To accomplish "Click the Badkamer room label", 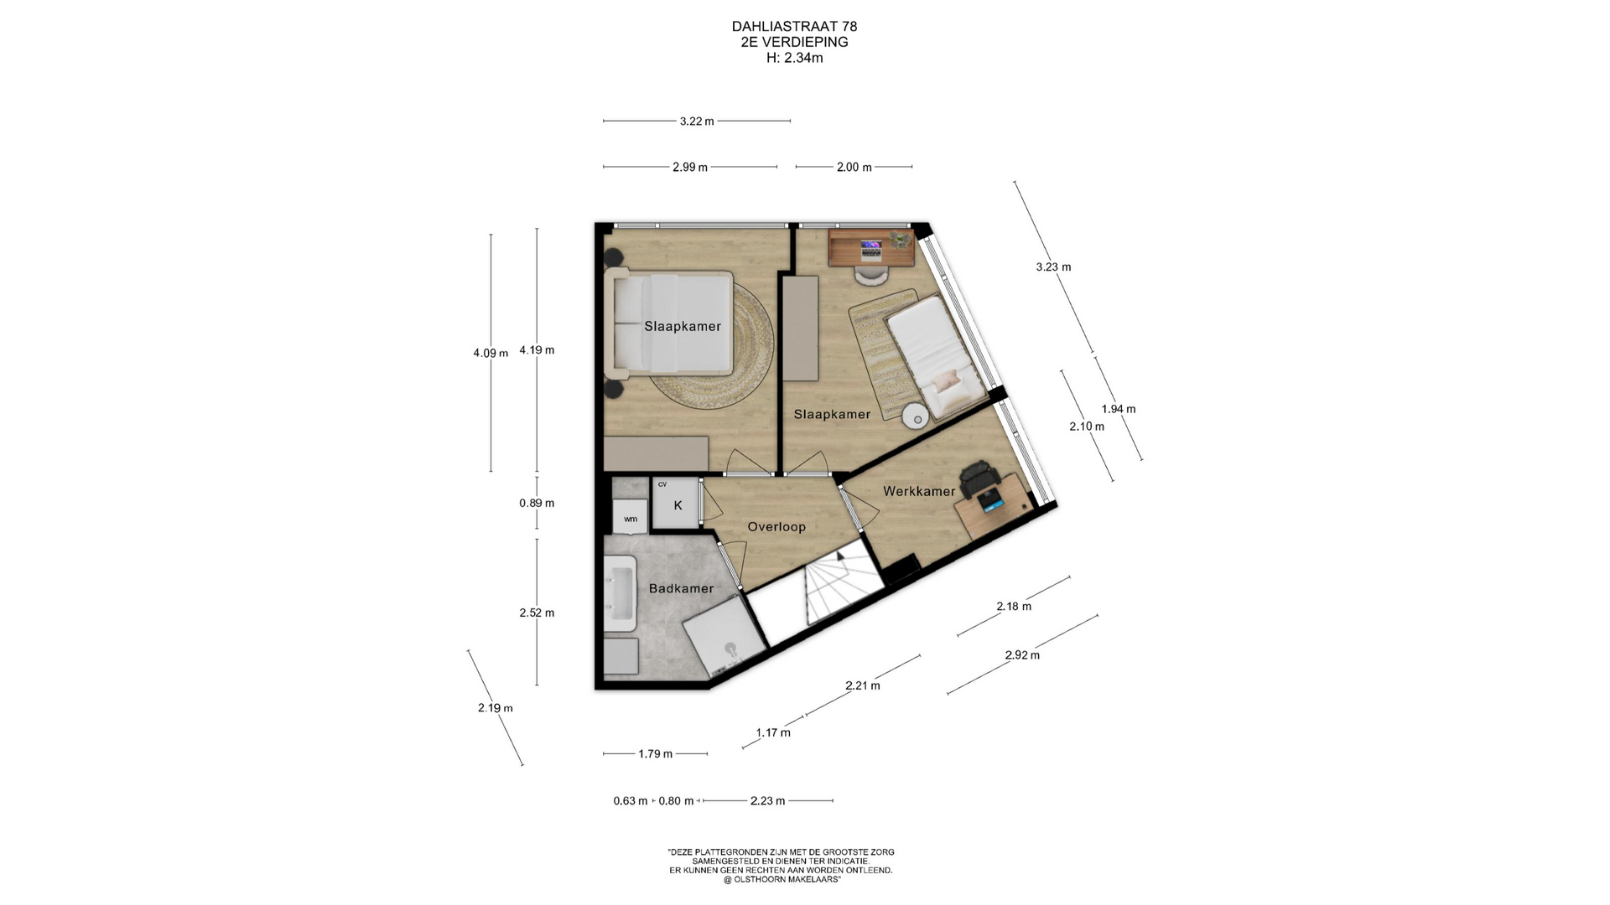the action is [x=681, y=588].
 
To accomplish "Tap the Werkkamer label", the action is [x=919, y=491].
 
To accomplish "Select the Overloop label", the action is [x=776, y=527].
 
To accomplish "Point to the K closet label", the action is [x=678, y=505].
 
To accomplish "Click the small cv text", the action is [x=662, y=484].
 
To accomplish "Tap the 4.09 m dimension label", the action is [x=491, y=353].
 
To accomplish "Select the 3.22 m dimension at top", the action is [x=697, y=121].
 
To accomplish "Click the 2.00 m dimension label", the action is [x=854, y=167].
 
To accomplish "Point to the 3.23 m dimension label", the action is [x=1053, y=267].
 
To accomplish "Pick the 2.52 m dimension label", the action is [x=537, y=613].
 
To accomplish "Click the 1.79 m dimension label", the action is [x=655, y=753].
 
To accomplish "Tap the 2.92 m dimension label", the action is [x=1022, y=655].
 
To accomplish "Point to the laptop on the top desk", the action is [x=871, y=246].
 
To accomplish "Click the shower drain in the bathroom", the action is [x=730, y=648].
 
